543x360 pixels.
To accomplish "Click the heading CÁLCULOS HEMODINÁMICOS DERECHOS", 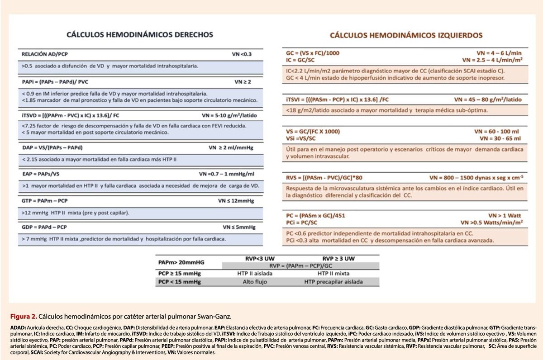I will pos(140,34).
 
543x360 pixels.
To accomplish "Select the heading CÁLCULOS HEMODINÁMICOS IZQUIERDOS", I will pos(406,35).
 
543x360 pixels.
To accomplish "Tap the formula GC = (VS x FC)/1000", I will pos(310,53).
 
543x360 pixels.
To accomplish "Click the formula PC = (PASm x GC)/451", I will pos(313,216).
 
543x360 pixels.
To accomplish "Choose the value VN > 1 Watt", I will pos(506,216).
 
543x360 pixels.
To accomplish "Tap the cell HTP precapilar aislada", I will pos(333,282).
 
